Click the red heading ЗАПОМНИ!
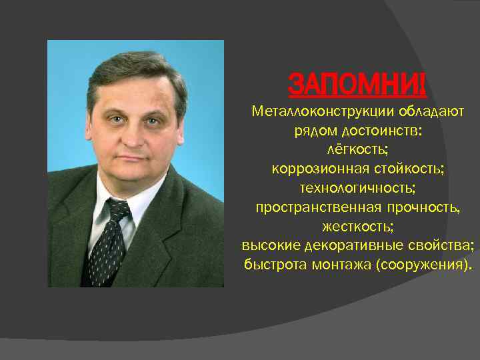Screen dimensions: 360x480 pos(357,86)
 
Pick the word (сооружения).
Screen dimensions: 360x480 pos(423,265)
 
